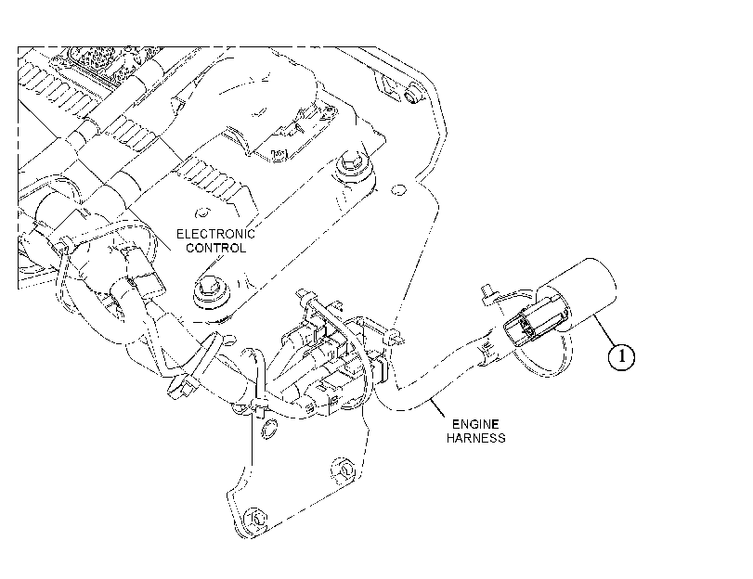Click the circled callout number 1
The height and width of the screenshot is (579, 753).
pos(621,356)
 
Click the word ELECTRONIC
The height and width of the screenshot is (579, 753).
pos(215,234)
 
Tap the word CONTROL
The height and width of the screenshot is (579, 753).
pos(215,249)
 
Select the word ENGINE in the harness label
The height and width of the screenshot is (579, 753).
pos(475,424)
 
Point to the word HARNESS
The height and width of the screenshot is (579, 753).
pos(475,438)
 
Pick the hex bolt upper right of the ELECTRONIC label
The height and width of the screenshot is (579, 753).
pos(352,166)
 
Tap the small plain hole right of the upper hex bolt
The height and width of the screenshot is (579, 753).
pos(398,189)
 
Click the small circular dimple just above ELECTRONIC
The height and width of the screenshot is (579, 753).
pos(202,212)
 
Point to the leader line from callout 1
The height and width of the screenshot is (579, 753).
pos(605,329)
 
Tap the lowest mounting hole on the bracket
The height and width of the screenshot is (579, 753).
pos(254,518)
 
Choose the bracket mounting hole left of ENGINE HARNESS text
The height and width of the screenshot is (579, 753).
pos(344,470)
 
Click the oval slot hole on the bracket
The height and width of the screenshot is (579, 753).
pos(269,429)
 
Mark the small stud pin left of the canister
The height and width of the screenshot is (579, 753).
pos(487,293)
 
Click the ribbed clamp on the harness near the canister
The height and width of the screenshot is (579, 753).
pos(487,348)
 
